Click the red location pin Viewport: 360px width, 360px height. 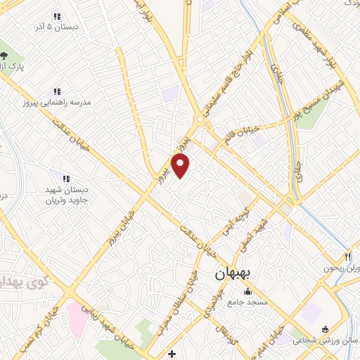click(181, 166)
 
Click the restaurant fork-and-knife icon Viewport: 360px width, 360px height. click(347, 258)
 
